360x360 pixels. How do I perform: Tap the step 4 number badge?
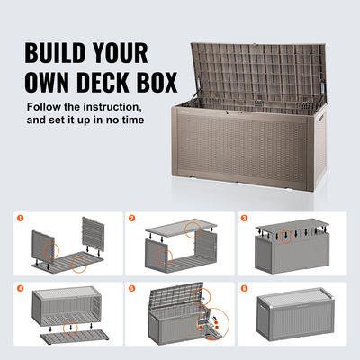point(20,290)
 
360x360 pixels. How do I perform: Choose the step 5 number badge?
point(131,290)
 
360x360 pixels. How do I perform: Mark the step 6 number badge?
point(245,290)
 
